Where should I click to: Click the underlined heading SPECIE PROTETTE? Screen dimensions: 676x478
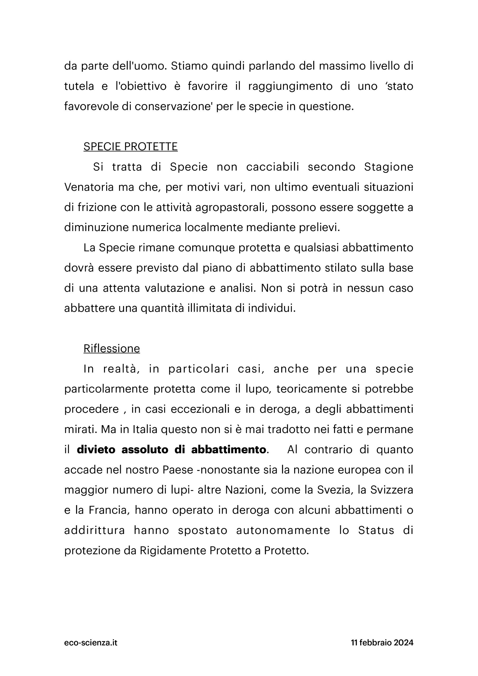(x=130, y=147)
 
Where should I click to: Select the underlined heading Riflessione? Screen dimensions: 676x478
(x=112, y=349)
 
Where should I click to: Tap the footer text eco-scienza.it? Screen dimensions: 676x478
(x=91, y=642)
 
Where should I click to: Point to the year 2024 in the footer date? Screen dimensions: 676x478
(x=404, y=642)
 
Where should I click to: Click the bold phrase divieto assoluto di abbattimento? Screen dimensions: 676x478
(x=171, y=450)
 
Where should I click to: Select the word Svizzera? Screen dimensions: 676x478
(x=392, y=490)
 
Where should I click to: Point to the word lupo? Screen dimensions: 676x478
(x=256, y=389)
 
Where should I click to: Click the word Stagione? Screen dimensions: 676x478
(x=388, y=167)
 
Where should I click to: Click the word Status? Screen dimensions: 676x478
(x=376, y=530)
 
